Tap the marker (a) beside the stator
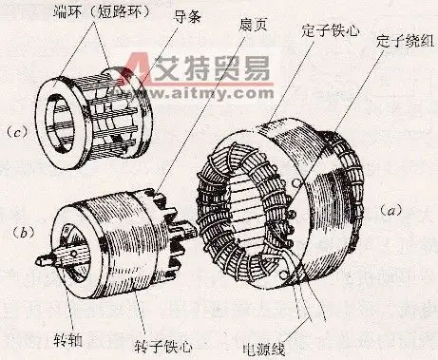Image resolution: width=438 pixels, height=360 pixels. click(x=390, y=207)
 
